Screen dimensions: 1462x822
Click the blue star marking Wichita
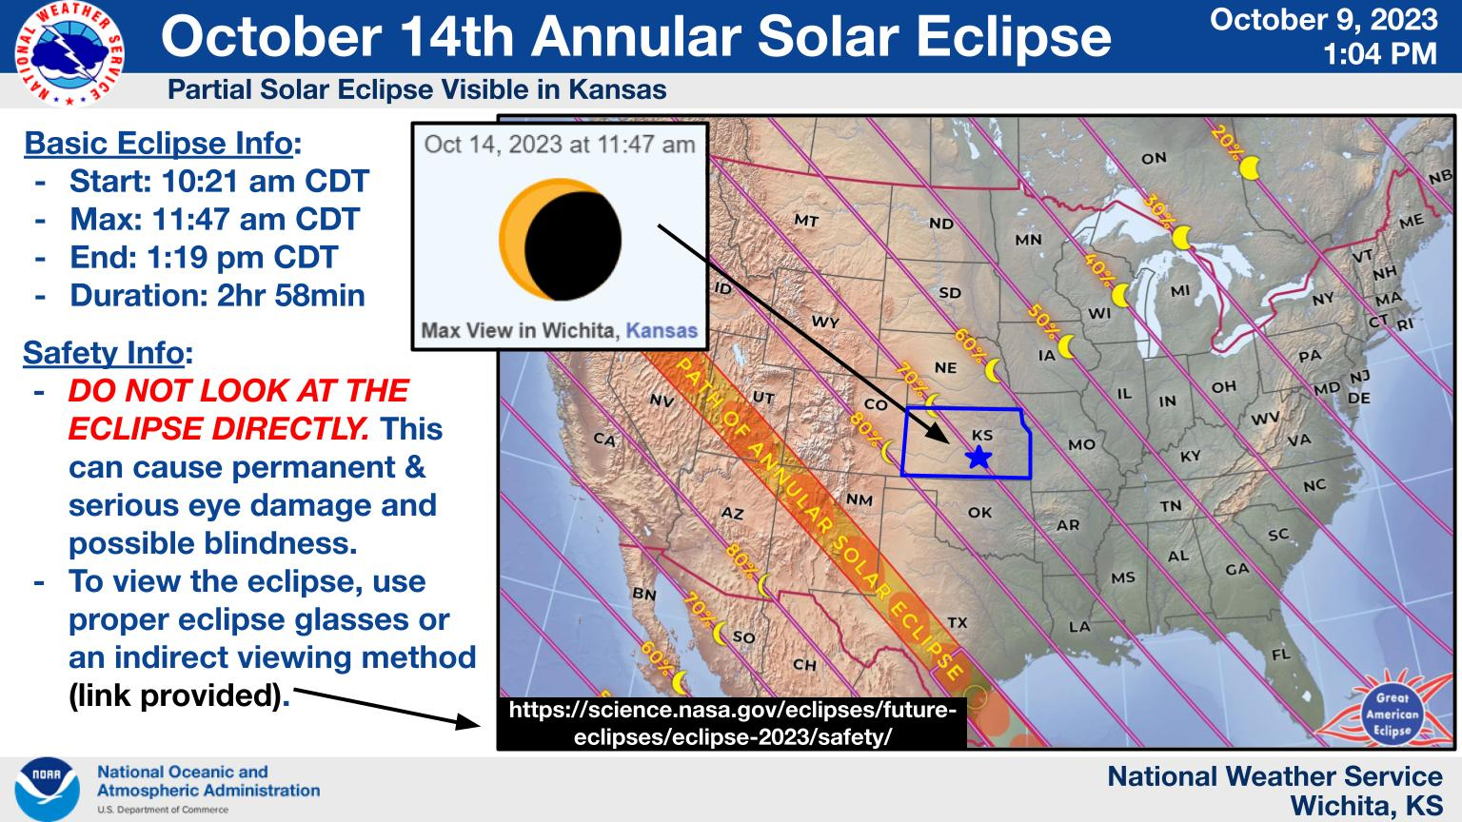click(978, 458)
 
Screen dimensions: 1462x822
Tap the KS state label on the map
click(982, 435)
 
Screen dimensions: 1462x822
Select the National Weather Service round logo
click(69, 53)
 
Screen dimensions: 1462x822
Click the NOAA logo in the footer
click(47, 789)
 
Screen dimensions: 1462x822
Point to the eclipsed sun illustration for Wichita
click(560, 240)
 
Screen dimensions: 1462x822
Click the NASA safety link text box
click(732, 723)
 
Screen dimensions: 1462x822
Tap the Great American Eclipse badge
click(1392, 714)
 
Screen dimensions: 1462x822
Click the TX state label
click(957, 622)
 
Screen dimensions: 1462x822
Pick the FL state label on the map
click(1280, 654)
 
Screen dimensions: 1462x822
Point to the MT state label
click(806, 221)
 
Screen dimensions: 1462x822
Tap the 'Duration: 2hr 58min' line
click(217, 296)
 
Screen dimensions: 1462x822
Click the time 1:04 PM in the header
click(1380, 54)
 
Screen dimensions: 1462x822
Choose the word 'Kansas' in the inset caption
click(662, 331)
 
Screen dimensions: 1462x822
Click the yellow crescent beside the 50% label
click(1067, 346)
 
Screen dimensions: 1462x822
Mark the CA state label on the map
click(604, 439)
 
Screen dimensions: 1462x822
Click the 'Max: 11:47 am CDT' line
click(215, 219)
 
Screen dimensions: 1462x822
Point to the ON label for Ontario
click(1154, 159)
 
